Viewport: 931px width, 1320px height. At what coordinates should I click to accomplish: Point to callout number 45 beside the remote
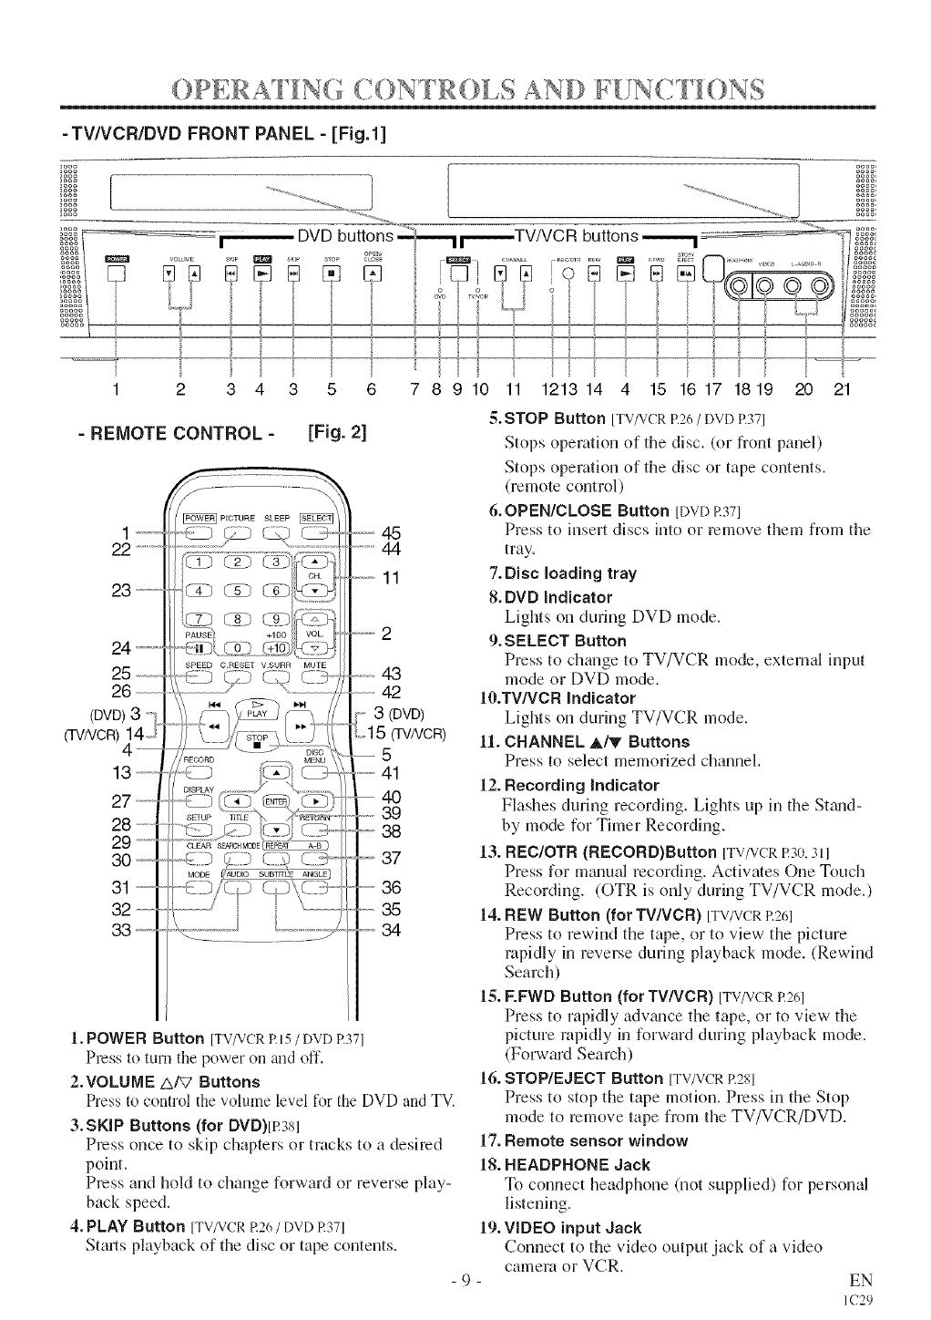pyautogui.click(x=392, y=533)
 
